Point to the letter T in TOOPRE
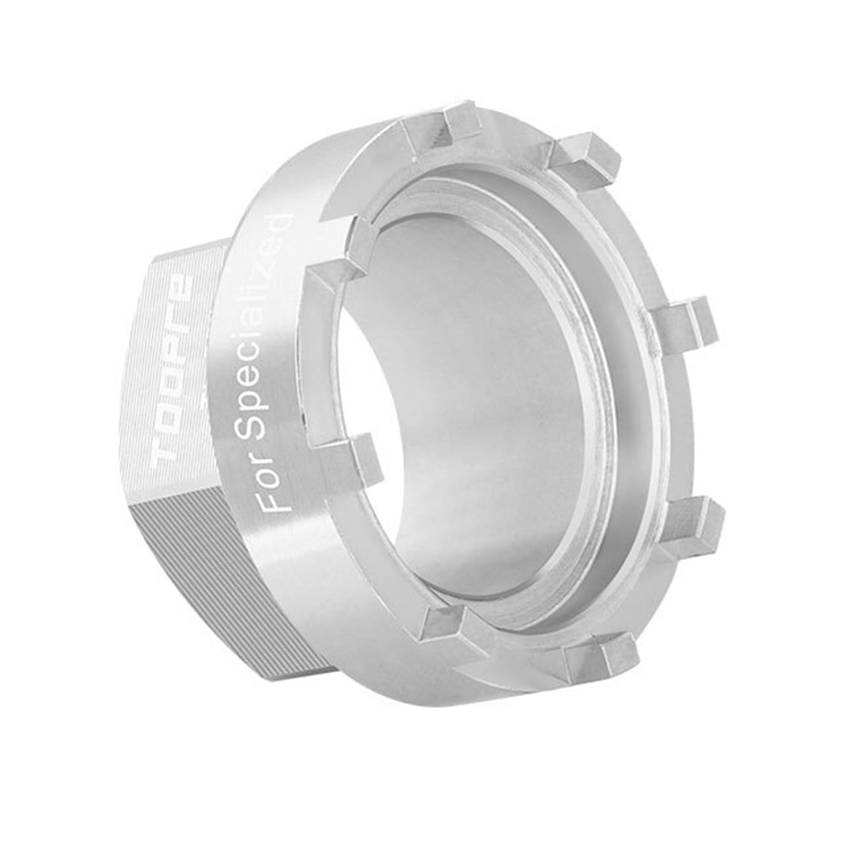coord(171,458)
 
